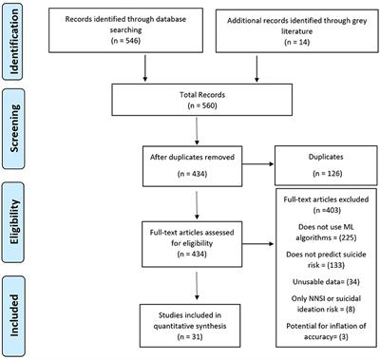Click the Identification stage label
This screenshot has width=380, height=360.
coord(17,39)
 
